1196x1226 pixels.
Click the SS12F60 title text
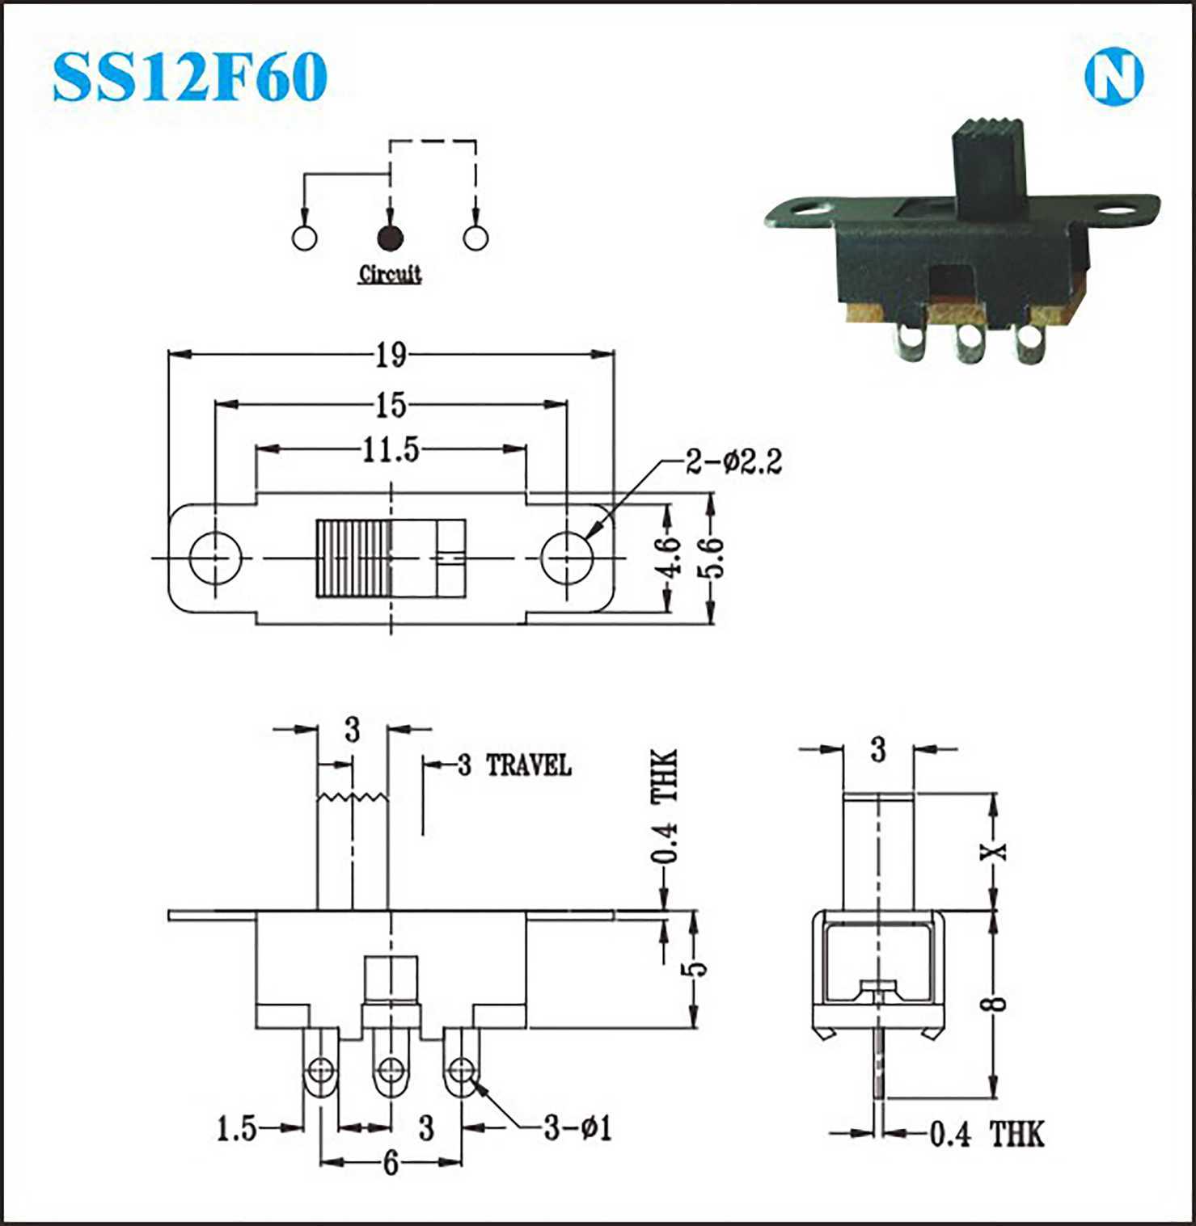point(190,78)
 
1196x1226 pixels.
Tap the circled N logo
point(1114,78)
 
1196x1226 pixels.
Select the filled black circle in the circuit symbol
point(390,238)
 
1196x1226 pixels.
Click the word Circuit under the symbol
point(390,274)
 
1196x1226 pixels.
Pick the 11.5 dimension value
point(391,449)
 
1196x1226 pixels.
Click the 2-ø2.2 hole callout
point(734,462)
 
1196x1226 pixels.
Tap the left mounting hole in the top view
point(216,558)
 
